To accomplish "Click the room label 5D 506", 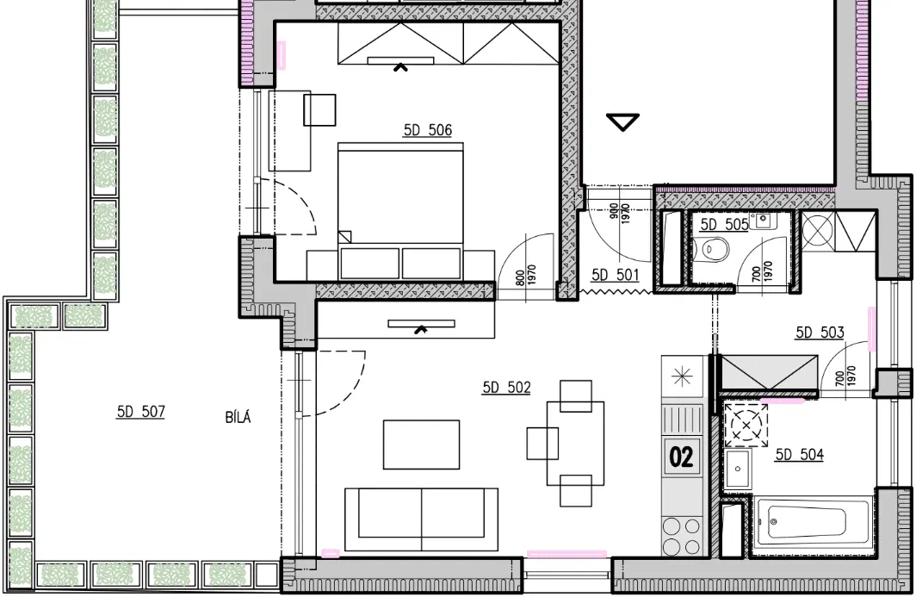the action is click(x=428, y=130).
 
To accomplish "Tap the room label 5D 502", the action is click(x=506, y=388).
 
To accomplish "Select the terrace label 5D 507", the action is click(x=141, y=412).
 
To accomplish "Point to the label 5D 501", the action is click(x=616, y=275).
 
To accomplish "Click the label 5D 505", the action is click(x=724, y=225).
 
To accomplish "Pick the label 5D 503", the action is click(x=820, y=333).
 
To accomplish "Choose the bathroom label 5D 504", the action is click(x=799, y=454).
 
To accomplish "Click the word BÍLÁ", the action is click(x=238, y=418).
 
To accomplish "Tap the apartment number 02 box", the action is click(x=681, y=457).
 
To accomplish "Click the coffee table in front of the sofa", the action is click(x=421, y=445).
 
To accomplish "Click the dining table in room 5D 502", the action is click(x=575, y=443).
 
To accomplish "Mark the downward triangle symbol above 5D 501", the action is click(x=622, y=122).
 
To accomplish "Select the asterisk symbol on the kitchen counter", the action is click(x=682, y=376).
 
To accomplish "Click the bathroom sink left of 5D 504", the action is click(x=739, y=469).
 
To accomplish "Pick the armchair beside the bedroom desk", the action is click(x=319, y=110).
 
